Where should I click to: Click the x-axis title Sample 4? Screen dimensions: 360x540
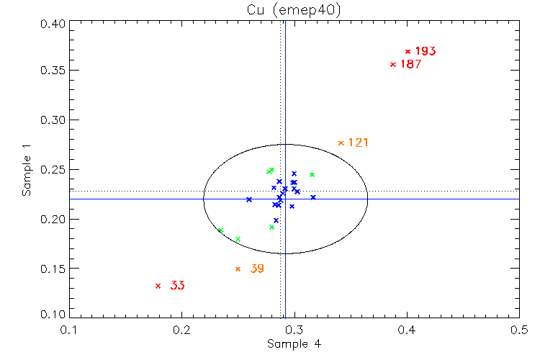coord(294,344)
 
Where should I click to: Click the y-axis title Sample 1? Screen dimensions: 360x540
coord(26,169)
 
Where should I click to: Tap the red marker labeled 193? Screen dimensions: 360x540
coord(408,51)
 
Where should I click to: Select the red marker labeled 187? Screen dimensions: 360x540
coord(393,64)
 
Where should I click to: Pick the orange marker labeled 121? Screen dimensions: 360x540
coord(341,143)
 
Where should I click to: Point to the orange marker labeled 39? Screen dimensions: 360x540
coord(238,269)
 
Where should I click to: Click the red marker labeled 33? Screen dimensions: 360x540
coord(158,286)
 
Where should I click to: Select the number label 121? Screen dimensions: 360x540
coord(358,143)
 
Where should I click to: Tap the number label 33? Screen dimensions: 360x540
coord(177,286)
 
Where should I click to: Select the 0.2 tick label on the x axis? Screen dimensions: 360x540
coord(181,330)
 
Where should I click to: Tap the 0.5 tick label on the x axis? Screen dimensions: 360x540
coord(519,330)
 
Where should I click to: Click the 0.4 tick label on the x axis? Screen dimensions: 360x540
coord(407,330)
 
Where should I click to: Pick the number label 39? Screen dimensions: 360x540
coord(256,269)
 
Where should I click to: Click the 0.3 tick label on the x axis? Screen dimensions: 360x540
coord(294,330)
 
